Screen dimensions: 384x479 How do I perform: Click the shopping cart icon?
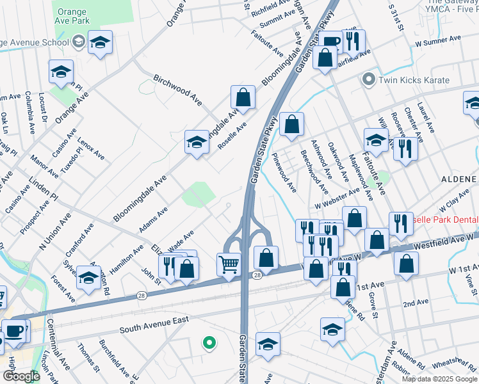tap(229, 264)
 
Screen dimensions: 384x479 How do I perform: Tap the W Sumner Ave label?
tap(438, 39)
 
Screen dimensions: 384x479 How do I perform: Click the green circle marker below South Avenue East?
tap(208, 343)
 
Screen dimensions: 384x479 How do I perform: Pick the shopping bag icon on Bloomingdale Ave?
tap(243, 98)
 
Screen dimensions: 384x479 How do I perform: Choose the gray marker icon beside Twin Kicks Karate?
tap(368, 81)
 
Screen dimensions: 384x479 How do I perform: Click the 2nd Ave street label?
tap(416, 302)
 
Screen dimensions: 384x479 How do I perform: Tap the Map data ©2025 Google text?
tap(439, 379)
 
